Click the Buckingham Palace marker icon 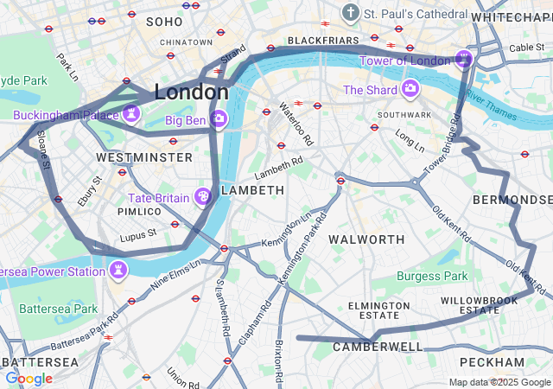(131, 113)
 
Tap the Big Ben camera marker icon (219, 118)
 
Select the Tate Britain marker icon (203, 197)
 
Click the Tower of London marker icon (464, 59)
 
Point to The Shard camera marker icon (410, 89)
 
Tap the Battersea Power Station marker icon (118, 271)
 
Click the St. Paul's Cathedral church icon (351, 13)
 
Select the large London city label (191, 91)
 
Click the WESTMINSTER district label (144, 157)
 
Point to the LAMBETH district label (252, 189)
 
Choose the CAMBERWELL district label (378, 347)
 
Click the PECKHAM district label (492, 361)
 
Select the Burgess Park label (432, 276)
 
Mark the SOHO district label (164, 21)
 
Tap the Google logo (29, 379)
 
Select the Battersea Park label (59, 308)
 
